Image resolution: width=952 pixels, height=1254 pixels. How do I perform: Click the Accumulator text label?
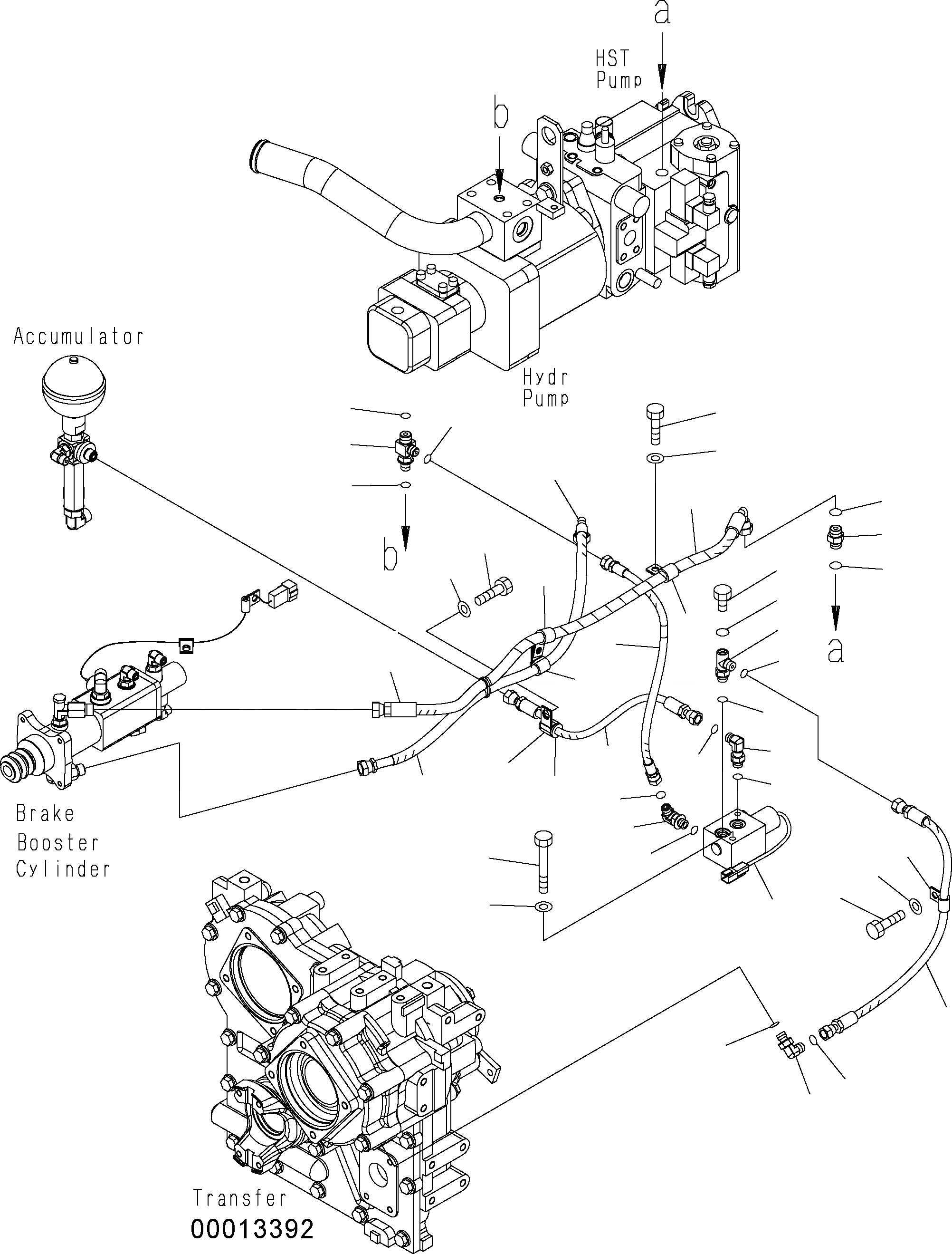point(78,338)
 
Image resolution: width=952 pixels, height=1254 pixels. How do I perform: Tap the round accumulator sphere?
point(74,386)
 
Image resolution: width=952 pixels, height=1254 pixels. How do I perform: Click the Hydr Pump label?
point(545,388)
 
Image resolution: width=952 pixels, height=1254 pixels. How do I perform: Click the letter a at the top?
point(662,14)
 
